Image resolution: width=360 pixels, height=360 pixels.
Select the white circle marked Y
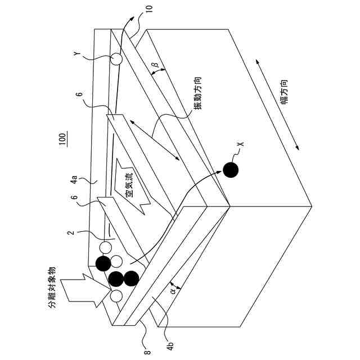pyautogui.click(x=116, y=58)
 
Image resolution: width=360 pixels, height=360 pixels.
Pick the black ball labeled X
pyautogui.click(x=231, y=169)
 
